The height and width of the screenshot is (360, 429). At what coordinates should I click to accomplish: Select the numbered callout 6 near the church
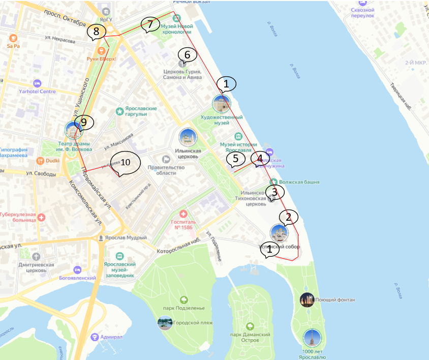click(x=187, y=54)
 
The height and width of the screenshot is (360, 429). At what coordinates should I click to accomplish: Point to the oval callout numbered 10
click(x=125, y=162)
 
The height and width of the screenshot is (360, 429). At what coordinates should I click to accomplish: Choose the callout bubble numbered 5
click(x=235, y=159)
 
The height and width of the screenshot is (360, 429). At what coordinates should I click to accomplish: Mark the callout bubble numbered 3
click(x=274, y=192)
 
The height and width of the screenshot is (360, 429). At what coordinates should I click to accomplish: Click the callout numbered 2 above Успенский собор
click(x=288, y=218)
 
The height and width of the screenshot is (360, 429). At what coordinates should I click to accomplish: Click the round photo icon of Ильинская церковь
click(x=188, y=137)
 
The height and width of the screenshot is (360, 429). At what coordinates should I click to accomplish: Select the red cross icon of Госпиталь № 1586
click(x=183, y=216)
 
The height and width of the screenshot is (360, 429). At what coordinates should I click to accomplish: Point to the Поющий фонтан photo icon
click(x=307, y=300)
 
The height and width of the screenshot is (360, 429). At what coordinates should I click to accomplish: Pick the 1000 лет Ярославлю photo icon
click(x=312, y=337)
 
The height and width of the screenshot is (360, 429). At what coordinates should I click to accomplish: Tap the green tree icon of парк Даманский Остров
click(x=249, y=326)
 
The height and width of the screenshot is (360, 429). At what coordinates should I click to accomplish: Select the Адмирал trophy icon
click(x=95, y=337)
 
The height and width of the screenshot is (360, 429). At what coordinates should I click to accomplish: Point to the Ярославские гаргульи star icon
click(x=119, y=110)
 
